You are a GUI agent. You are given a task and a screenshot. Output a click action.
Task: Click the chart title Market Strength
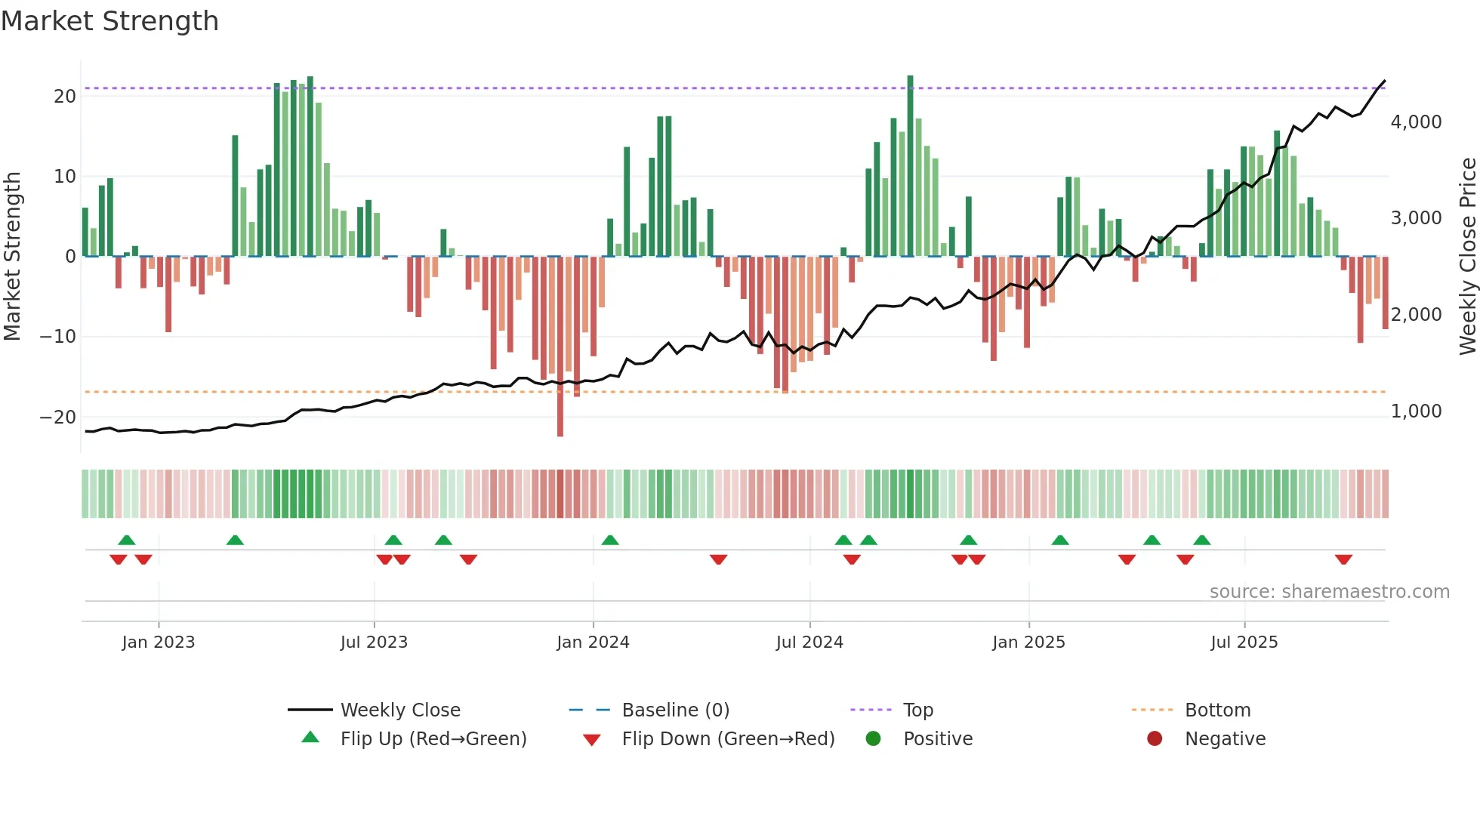pyautogui.click(x=109, y=21)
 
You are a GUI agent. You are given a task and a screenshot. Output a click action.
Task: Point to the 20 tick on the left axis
pyautogui.click(x=65, y=97)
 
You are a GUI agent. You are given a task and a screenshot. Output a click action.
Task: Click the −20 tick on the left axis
pyautogui.click(x=58, y=418)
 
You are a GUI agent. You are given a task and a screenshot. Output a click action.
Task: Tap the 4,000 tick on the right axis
pyautogui.click(x=1416, y=122)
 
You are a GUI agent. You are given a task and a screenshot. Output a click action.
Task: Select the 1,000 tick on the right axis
pyautogui.click(x=1416, y=411)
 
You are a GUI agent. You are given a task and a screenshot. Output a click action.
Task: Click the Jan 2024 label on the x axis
pyautogui.click(x=593, y=642)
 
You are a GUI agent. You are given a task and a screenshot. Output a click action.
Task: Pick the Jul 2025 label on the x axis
pyautogui.click(x=1244, y=642)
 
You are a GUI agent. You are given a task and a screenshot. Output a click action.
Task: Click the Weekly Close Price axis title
pyautogui.click(x=1467, y=257)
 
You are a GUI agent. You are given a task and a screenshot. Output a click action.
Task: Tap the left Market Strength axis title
pyautogui.click(x=13, y=257)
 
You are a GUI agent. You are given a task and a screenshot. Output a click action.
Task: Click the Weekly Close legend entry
pyautogui.click(x=399, y=710)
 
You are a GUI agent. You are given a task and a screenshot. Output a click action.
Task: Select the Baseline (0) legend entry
pyautogui.click(x=675, y=710)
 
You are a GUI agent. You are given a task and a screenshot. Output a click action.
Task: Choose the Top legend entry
pyautogui.click(x=917, y=710)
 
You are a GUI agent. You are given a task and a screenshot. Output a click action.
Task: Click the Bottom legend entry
pyautogui.click(x=1217, y=710)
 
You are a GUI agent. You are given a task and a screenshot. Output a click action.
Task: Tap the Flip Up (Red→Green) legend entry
pyautogui.click(x=433, y=739)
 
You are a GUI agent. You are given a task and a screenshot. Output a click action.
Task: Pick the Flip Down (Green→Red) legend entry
pyautogui.click(x=728, y=739)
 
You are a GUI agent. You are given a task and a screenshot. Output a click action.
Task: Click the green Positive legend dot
pyautogui.click(x=873, y=739)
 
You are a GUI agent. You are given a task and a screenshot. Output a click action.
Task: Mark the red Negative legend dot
pyautogui.click(x=1155, y=739)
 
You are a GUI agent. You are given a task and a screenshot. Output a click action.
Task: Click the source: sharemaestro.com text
pyautogui.click(x=1329, y=592)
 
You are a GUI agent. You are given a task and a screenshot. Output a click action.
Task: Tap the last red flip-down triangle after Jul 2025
pyautogui.click(x=1343, y=559)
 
